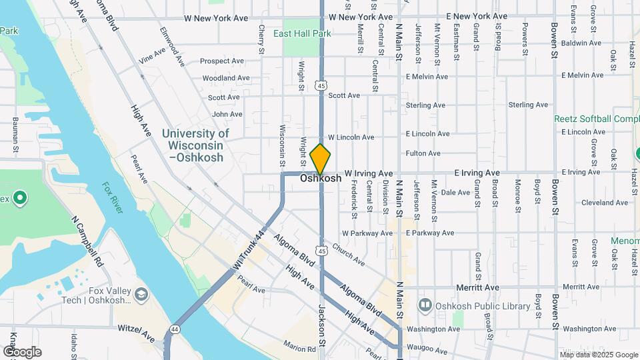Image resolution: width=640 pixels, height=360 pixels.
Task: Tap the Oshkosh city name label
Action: [x=321, y=179]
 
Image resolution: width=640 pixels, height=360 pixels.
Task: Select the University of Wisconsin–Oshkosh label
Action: [x=195, y=145]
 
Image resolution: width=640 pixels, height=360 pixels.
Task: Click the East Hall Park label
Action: [x=302, y=33]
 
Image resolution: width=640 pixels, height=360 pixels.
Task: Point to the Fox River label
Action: [x=113, y=197]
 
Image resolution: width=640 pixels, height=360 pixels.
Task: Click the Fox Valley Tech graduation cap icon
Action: [x=141, y=294]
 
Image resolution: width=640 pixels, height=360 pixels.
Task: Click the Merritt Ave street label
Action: [x=477, y=287]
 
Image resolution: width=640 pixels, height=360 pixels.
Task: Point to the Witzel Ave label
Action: [x=136, y=329]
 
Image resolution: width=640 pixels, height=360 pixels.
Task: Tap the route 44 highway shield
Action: [x=175, y=329]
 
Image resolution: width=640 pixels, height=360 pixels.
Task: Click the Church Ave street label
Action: [x=348, y=256]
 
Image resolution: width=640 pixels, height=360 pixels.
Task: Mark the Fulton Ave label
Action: [x=423, y=153]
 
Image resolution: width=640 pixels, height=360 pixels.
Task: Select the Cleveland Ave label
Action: [x=605, y=203]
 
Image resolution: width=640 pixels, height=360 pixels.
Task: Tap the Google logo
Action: [x=22, y=352]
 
